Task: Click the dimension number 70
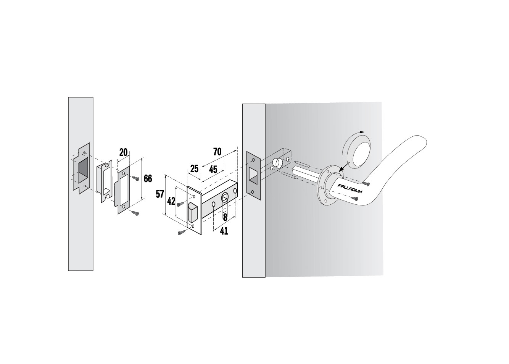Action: (217, 152)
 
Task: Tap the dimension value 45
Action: (213, 170)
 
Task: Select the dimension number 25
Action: (194, 169)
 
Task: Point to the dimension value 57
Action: (160, 194)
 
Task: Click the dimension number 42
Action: (171, 201)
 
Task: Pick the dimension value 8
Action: (225, 217)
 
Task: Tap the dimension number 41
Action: (224, 231)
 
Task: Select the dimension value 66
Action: (148, 179)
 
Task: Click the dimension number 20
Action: (123, 152)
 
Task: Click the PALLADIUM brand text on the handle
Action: (350, 189)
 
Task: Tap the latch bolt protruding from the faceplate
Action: (193, 212)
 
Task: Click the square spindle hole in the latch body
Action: (224, 197)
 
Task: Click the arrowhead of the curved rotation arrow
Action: (362, 132)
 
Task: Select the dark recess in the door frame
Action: (83, 171)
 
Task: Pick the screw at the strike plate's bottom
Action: (135, 213)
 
